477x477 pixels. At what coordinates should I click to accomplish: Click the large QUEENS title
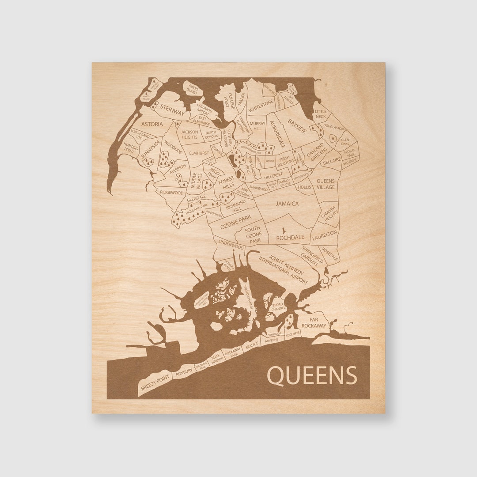[x=312, y=375]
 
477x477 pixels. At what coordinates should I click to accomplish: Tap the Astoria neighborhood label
[x=151, y=124]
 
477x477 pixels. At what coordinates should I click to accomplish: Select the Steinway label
[x=172, y=110]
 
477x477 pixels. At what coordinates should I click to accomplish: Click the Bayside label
[x=297, y=126]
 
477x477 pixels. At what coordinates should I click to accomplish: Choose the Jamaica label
[x=287, y=204]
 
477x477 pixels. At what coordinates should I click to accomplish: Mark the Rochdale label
[x=290, y=237]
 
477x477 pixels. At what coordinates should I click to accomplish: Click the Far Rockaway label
[x=314, y=322]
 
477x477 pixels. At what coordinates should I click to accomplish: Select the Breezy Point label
[x=155, y=382]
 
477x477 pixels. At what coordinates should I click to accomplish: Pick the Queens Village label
[x=326, y=184]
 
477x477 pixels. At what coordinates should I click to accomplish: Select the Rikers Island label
[x=192, y=90]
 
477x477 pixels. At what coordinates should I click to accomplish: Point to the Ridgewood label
[x=172, y=193]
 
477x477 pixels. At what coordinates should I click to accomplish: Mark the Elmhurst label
[x=199, y=153]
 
